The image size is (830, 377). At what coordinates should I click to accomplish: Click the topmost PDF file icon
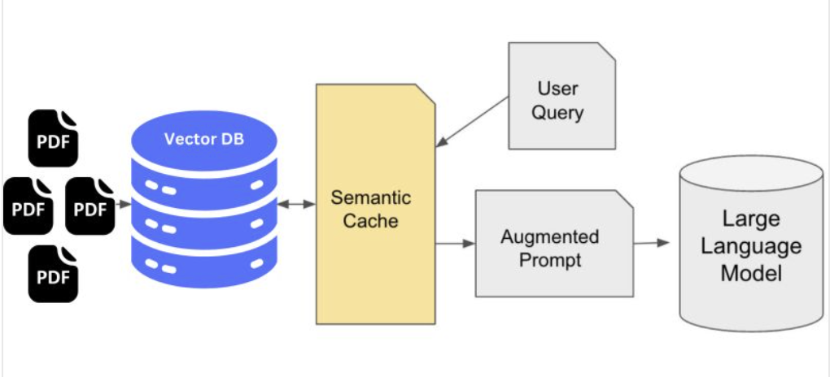pyautogui.click(x=54, y=139)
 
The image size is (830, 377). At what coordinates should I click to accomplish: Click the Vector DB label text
pyautogui.click(x=203, y=138)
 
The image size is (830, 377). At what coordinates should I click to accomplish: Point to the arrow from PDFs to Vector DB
pyautogui.click(x=123, y=205)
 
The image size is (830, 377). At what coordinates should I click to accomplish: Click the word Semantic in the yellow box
pyautogui.click(x=370, y=197)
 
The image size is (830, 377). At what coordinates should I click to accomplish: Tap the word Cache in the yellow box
pyautogui.click(x=370, y=220)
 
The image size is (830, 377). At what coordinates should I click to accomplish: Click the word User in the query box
pyautogui.click(x=557, y=88)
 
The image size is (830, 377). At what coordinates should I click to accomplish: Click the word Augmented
pyautogui.click(x=549, y=237)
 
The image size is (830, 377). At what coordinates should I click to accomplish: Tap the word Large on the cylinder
pyautogui.click(x=750, y=219)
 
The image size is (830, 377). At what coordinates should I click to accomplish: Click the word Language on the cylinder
pyautogui.click(x=750, y=245)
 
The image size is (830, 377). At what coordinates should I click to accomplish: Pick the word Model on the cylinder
pyautogui.click(x=750, y=273)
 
